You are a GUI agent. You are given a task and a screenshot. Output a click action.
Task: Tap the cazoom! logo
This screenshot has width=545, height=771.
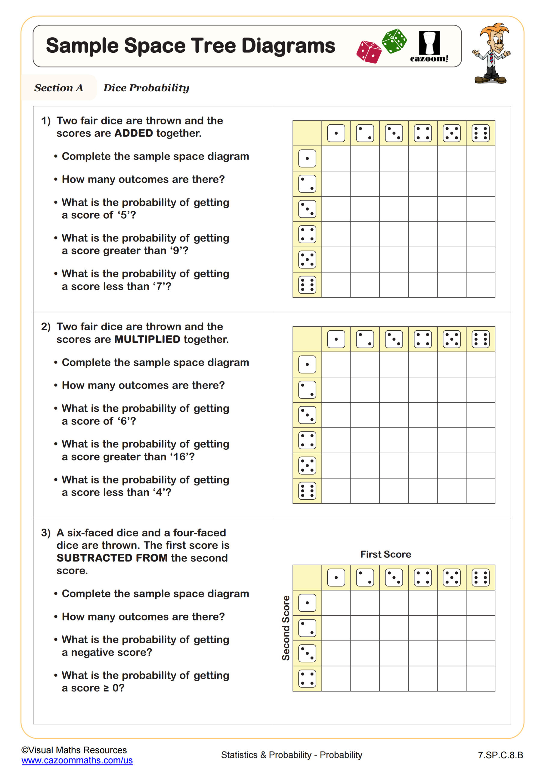(429, 47)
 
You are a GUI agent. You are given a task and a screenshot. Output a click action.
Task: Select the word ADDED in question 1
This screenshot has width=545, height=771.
(134, 133)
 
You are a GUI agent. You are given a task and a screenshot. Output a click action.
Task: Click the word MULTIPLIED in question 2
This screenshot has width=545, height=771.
(147, 339)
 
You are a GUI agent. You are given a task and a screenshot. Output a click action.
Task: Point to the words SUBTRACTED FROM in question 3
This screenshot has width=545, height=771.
(112, 558)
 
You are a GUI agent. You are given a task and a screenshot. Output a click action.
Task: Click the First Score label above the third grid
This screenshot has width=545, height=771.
(386, 554)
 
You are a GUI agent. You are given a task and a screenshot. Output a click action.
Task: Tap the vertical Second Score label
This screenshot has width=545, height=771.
(286, 628)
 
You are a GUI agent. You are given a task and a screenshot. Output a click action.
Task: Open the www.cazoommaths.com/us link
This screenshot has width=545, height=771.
(77, 760)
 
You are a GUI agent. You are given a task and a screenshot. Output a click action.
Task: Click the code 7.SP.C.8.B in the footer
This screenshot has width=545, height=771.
(500, 755)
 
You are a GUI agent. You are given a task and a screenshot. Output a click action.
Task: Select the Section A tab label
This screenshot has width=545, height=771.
(59, 88)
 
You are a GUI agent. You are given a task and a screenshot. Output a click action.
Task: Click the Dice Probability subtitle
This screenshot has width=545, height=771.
(146, 88)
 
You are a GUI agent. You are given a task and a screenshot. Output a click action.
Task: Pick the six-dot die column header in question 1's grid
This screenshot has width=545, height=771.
(480, 133)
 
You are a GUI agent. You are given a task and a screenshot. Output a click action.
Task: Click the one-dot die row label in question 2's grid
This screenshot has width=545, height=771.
(307, 364)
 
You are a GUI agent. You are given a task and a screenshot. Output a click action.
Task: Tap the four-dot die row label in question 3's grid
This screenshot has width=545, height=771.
(307, 678)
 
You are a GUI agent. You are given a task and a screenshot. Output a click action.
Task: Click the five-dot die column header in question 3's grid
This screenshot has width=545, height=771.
(451, 578)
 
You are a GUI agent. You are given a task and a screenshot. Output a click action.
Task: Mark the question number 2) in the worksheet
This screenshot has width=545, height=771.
(46, 326)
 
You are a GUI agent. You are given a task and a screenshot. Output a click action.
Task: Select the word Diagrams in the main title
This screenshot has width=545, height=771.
(288, 46)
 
